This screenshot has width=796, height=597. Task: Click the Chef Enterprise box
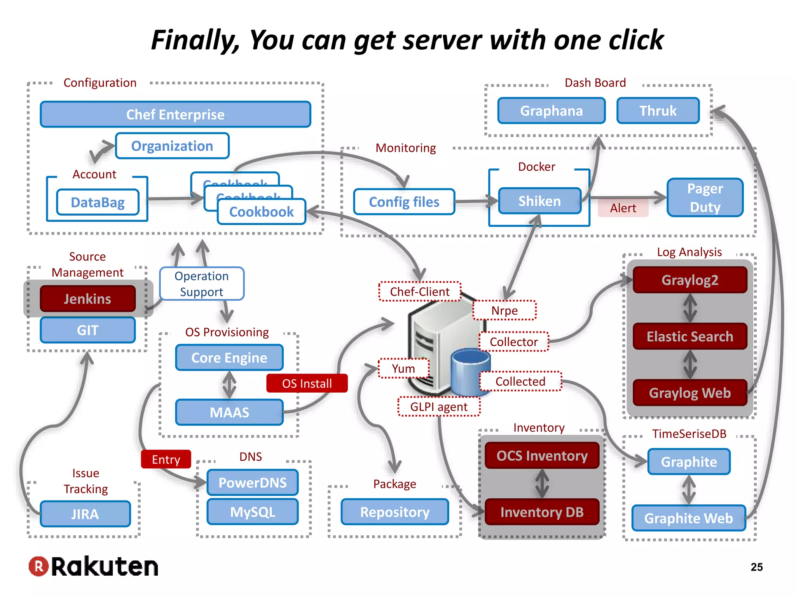(175, 115)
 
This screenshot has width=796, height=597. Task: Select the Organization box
(172, 146)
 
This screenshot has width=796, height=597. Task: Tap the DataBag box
(98, 202)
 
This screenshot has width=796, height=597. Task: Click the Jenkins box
(87, 298)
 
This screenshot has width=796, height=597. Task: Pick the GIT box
(87, 330)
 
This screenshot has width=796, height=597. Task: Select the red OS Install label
(307, 384)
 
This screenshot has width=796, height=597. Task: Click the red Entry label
(166, 459)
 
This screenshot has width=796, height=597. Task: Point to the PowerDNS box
(253, 483)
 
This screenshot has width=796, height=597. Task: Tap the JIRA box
(85, 514)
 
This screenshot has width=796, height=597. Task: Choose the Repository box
(395, 512)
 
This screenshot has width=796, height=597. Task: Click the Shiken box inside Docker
(539, 201)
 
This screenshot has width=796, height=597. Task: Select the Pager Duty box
(705, 197)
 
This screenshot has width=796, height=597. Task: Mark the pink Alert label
(623, 208)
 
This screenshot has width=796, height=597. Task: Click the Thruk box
(658, 111)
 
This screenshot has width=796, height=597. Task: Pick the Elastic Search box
(690, 336)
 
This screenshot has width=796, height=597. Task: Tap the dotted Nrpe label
(504, 311)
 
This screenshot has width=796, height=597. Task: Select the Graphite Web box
(688, 518)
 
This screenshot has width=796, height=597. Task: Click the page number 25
(756, 567)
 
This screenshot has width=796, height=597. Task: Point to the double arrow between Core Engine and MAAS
(229, 385)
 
